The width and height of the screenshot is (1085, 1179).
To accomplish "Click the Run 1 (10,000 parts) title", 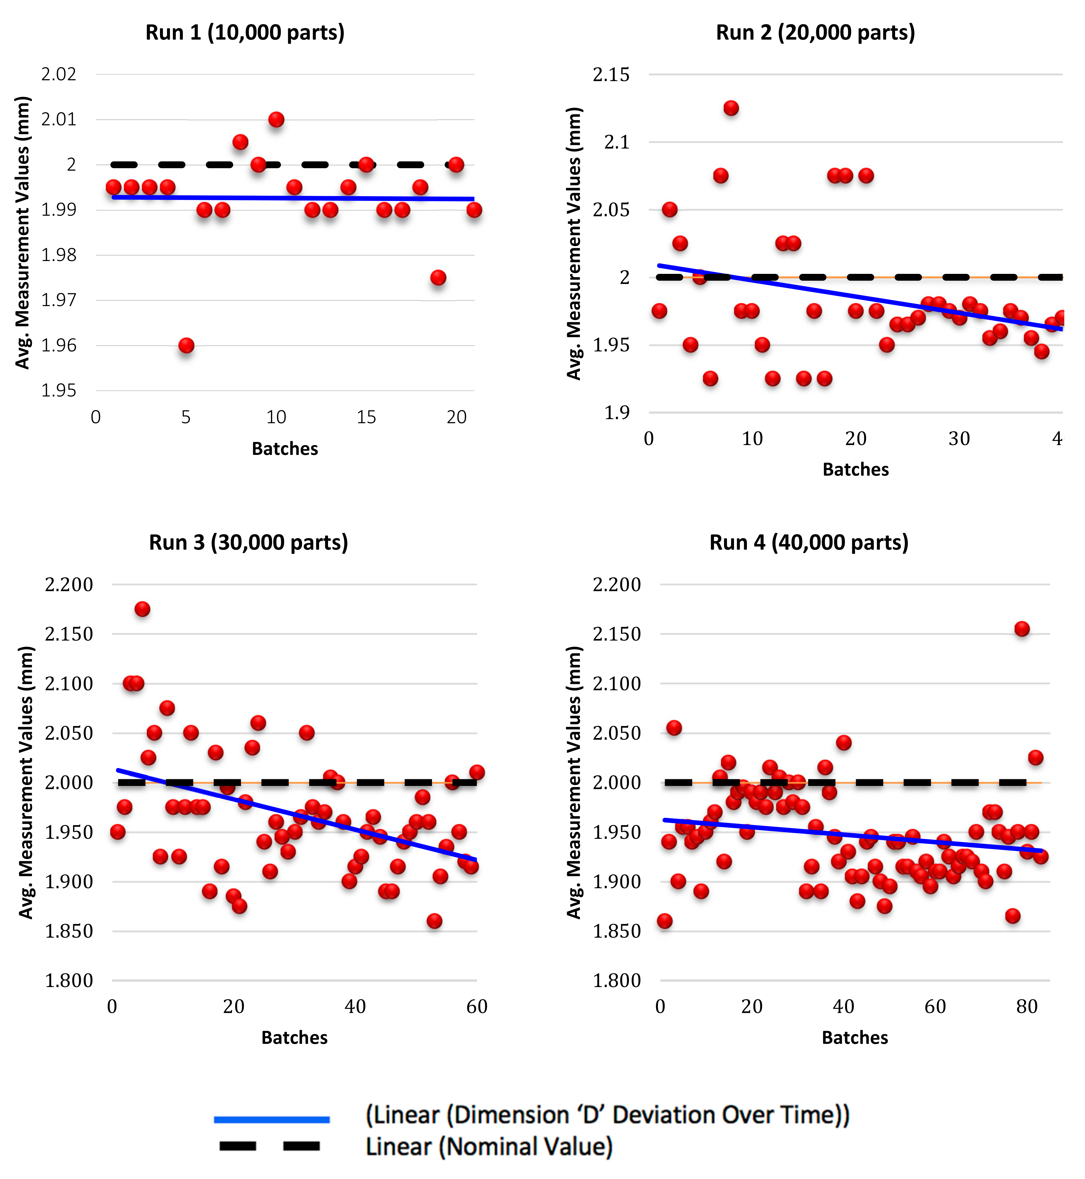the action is coord(245,32).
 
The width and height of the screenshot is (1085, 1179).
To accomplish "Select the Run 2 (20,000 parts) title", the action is coord(815,32).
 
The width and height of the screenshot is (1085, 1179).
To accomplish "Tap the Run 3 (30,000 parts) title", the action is coord(248,542).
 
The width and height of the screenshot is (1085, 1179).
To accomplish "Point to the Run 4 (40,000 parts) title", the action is coord(809,542).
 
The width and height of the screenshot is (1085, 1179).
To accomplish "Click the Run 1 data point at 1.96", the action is coord(186,345).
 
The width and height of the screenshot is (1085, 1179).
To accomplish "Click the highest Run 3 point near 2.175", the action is coord(142,609).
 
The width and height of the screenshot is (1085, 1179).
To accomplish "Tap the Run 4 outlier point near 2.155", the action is coord(1022,629).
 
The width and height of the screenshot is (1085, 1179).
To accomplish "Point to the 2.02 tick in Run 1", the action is coord(59,75).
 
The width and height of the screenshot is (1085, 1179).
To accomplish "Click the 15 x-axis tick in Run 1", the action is coord(366,417).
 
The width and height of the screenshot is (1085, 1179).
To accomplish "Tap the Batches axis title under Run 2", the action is coord(856,469).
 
